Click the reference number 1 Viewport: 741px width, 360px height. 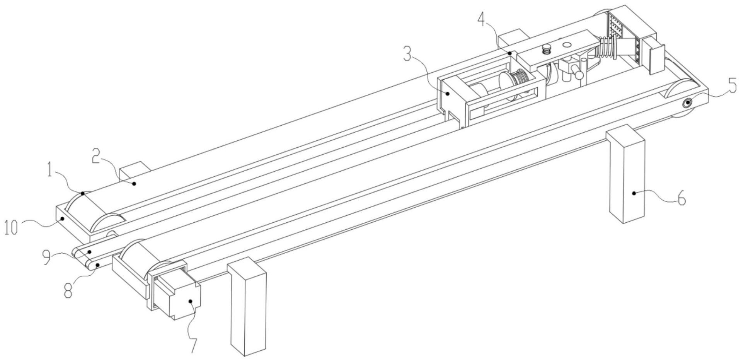[50, 170]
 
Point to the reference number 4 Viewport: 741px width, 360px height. [481, 18]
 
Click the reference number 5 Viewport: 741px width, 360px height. [732, 86]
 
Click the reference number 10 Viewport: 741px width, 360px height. [11, 227]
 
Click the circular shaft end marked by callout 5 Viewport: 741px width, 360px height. [687, 103]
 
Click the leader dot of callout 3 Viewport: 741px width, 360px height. [447, 93]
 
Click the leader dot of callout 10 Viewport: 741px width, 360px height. [62, 218]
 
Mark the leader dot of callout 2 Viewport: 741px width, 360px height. [134, 183]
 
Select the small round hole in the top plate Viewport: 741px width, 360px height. [567, 44]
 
